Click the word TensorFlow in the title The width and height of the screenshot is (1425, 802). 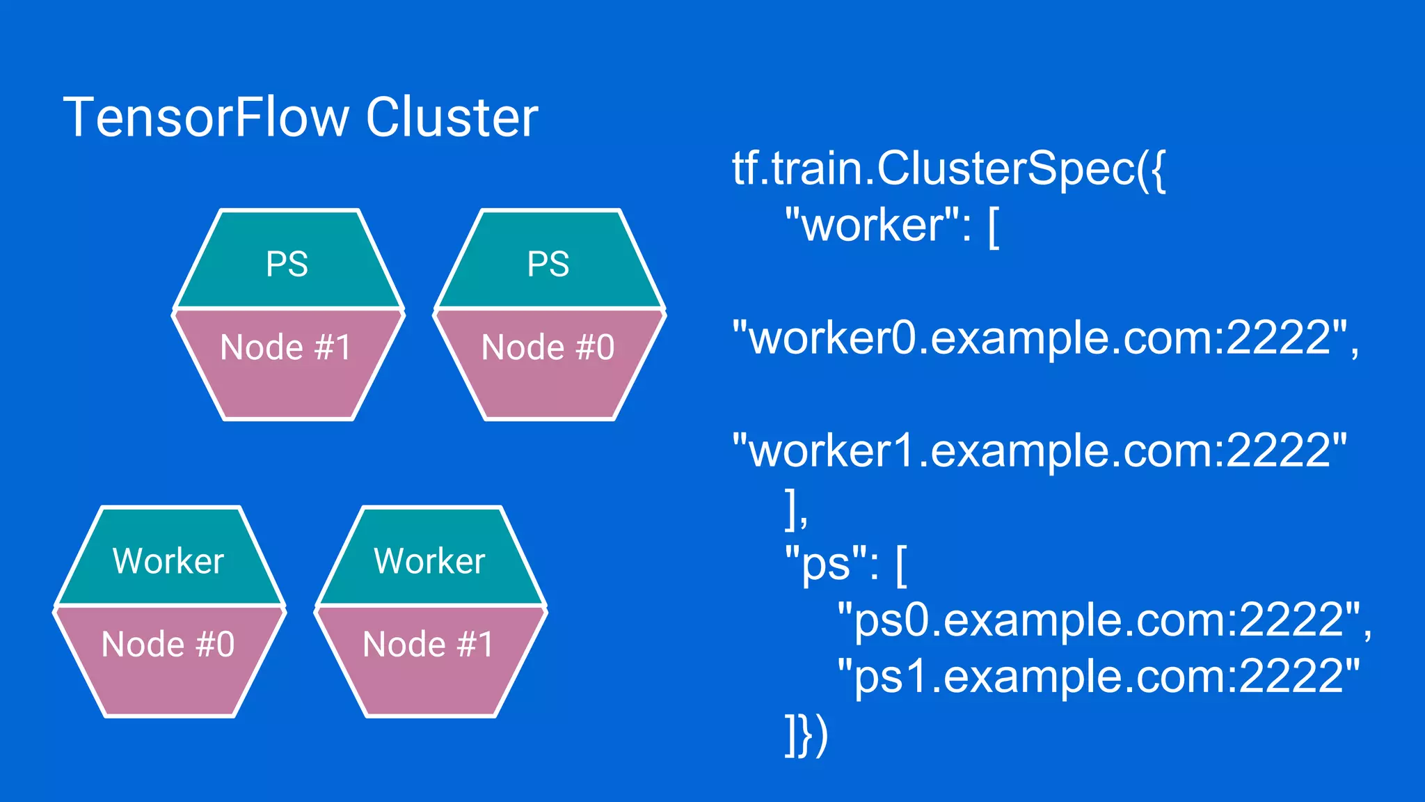[x=206, y=118]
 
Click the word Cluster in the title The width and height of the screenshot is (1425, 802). [x=452, y=118]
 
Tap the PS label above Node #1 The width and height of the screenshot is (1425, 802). [x=287, y=265]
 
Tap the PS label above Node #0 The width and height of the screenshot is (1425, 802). [x=548, y=265]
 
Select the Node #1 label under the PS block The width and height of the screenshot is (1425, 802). [x=286, y=347]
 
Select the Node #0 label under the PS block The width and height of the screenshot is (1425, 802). [x=548, y=347]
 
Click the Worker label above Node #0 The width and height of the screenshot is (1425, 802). [x=168, y=561]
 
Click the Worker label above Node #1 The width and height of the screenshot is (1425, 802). [x=429, y=561]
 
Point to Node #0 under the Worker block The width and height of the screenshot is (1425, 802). [x=168, y=644]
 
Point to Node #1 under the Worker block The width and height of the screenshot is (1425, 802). [x=429, y=644]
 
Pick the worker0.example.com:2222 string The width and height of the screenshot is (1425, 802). [x=1040, y=338]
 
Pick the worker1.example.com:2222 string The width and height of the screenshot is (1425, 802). [x=1040, y=451]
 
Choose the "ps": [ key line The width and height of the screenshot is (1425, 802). [x=846, y=564]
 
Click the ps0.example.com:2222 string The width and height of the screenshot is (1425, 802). [x=1099, y=620]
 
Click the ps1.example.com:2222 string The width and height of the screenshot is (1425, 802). [x=1099, y=676]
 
